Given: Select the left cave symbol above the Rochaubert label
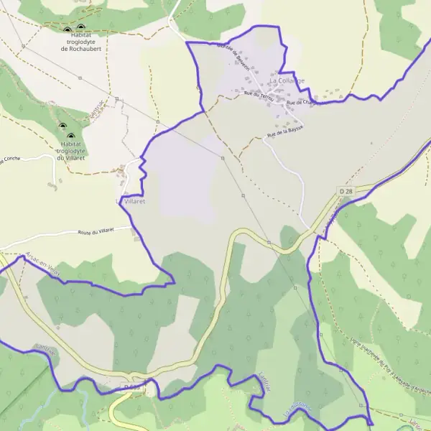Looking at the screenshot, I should [x=68, y=30].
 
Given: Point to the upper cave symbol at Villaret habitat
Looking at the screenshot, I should [x=62, y=126].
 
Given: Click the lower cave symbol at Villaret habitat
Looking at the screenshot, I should [x=70, y=136].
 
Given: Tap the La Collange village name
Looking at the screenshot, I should [x=287, y=81].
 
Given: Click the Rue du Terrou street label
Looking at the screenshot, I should [x=259, y=94].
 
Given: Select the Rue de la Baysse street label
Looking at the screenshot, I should [x=285, y=131].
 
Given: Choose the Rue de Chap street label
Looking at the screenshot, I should [x=301, y=103].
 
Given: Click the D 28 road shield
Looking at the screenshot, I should [x=347, y=191].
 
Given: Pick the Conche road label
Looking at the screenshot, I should [x=11, y=159].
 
